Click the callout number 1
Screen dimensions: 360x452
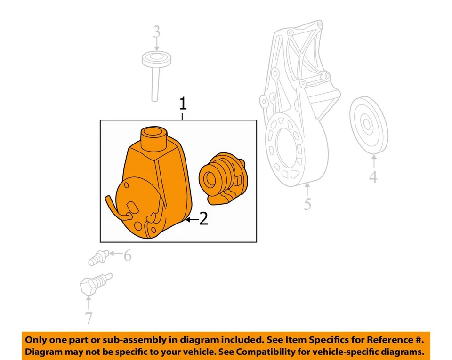(x=183, y=104)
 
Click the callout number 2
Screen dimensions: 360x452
(x=203, y=219)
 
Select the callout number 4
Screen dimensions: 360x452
(x=373, y=178)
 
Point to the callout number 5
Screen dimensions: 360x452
(x=307, y=204)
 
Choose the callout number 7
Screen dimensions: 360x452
(x=89, y=318)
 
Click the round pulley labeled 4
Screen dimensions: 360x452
(x=369, y=125)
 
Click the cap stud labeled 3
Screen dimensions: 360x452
(x=156, y=71)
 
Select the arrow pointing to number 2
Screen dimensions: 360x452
(x=191, y=219)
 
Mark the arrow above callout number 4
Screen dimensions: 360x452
(x=373, y=161)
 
